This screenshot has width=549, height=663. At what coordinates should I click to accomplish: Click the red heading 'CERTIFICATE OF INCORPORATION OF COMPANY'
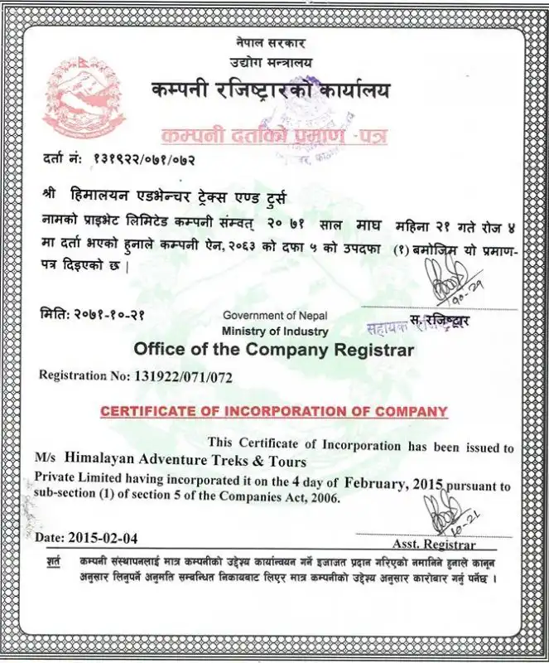point(273,411)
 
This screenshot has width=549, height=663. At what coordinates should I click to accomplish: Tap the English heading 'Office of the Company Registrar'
point(273,349)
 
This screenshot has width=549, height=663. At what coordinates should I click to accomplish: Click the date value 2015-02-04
point(105,536)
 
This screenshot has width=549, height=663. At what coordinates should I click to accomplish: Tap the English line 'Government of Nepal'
point(275,316)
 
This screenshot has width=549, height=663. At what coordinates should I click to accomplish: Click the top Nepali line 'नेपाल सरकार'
point(267,43)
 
